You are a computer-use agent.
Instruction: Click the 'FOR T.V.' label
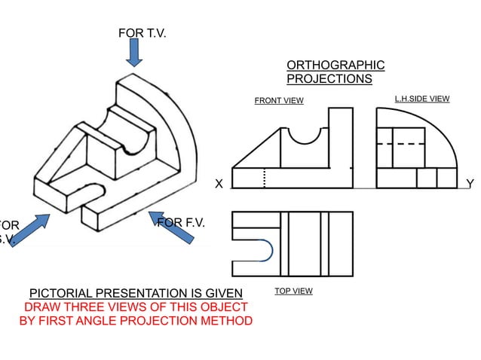click(142, 33)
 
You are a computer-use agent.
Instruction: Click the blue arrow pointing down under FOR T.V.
click(134, 53)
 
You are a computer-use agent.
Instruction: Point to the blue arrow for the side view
click(29, 230)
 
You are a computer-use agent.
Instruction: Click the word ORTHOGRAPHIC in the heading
click(335, 66)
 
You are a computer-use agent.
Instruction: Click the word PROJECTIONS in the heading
click(329, 78)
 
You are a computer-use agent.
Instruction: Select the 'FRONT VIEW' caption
click(279, 101)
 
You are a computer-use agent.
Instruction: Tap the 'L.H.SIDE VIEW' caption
click(422, 99)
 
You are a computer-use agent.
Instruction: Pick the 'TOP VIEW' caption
click(293, 290)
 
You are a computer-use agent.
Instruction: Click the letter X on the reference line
click(219, 184)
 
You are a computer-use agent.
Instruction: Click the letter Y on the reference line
click(470, 184)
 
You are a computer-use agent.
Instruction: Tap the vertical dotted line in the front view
click(265, 178)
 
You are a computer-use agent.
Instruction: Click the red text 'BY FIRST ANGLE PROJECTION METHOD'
click(136, 321)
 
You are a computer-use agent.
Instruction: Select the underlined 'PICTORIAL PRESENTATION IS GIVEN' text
click(136, 293)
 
